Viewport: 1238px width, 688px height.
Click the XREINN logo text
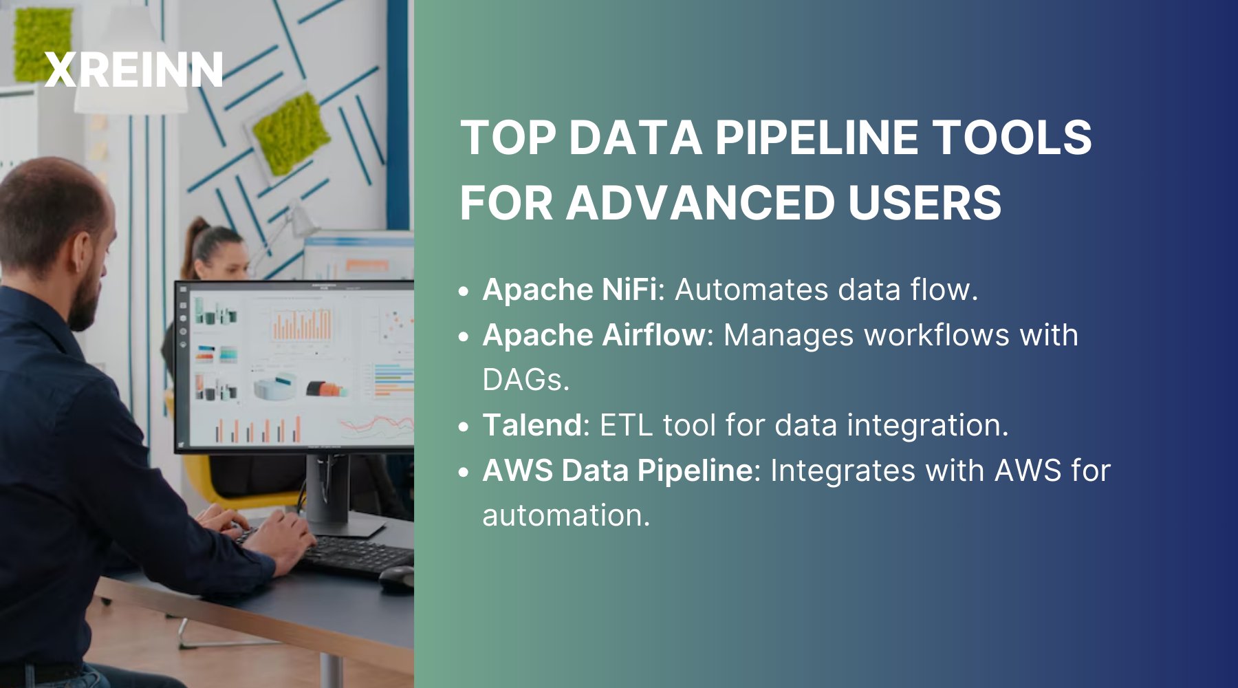point(133,70)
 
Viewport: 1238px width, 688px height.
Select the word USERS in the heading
point(924,204)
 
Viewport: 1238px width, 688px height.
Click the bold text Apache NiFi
point(569,290)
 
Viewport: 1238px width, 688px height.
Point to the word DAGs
point(525,380)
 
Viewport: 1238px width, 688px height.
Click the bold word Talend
point(532,425)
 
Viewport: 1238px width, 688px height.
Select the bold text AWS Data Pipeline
point(617,471)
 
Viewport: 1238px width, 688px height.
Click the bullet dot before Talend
point(464,427)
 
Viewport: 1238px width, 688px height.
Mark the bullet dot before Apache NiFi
point(464,292)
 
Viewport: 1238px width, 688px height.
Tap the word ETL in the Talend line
point(625,425)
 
